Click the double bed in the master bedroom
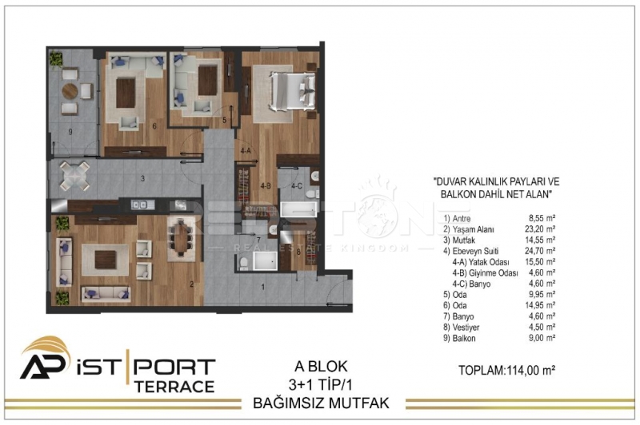click(292, 91)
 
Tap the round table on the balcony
click(70, 91)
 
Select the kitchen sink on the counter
click(138, 205)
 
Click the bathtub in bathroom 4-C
click(298, 210)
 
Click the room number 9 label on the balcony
click(70, 132)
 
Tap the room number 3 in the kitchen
click(142, 178)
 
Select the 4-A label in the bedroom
click(246, 151)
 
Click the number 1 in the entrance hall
click(263, 287)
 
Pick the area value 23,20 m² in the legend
click(539, 229)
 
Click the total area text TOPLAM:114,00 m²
click(506, 370)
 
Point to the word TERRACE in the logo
click(174, 387)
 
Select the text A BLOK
click(321, 367)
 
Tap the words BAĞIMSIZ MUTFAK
click(321, 403)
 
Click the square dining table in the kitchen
click(74, 177)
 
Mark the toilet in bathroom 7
click(243, 263)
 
